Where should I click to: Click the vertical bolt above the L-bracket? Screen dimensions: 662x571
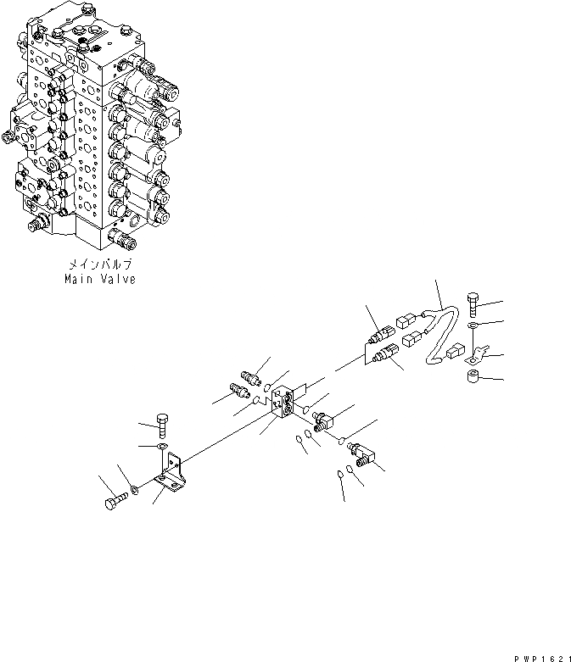point(164,421)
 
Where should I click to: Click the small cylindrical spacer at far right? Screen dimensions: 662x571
point(473,374)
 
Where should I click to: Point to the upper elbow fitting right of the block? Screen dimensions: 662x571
point(324,418)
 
